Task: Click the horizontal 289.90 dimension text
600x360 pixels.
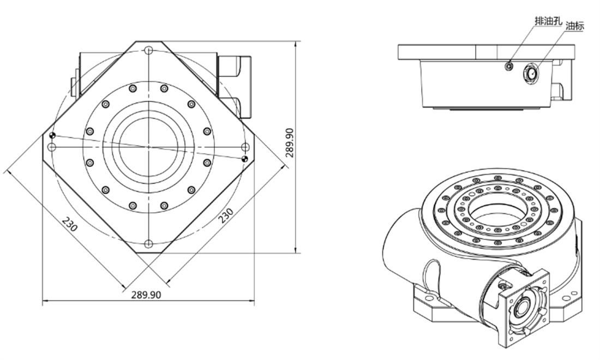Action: (146, 295)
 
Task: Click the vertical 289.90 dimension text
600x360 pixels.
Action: (290, 143)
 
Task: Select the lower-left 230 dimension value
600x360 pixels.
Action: (70, 224)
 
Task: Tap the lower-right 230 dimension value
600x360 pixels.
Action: (226, 215)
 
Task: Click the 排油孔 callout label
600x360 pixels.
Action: (548, 21)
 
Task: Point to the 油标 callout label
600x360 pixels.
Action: (575, 26)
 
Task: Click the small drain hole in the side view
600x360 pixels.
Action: (508, 66)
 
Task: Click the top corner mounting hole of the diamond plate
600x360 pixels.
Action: (149, 50)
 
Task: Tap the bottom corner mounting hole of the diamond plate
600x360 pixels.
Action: (149, 244)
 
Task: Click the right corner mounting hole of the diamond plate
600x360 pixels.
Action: (245, 147)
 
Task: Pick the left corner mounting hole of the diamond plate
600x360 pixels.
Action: (52, 147)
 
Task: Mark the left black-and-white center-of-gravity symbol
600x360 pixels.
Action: (52, 135)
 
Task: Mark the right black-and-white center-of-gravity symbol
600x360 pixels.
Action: (245, 158)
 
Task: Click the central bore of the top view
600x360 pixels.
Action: (149, 147)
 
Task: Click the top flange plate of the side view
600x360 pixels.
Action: (486, 52)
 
